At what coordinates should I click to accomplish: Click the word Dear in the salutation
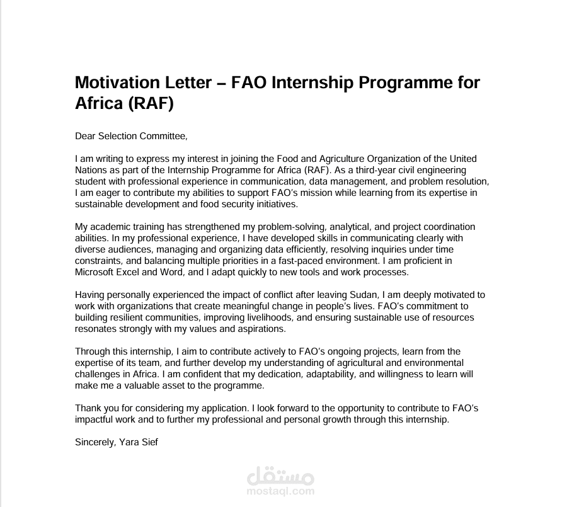click(x=85, y=135)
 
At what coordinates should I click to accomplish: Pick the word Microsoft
click(x=95, y=272)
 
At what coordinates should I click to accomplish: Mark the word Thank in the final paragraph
click(x=87, y=408)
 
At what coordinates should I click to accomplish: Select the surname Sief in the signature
click(x=148, y=442)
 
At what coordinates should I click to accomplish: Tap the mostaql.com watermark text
click(x=280, y=491)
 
